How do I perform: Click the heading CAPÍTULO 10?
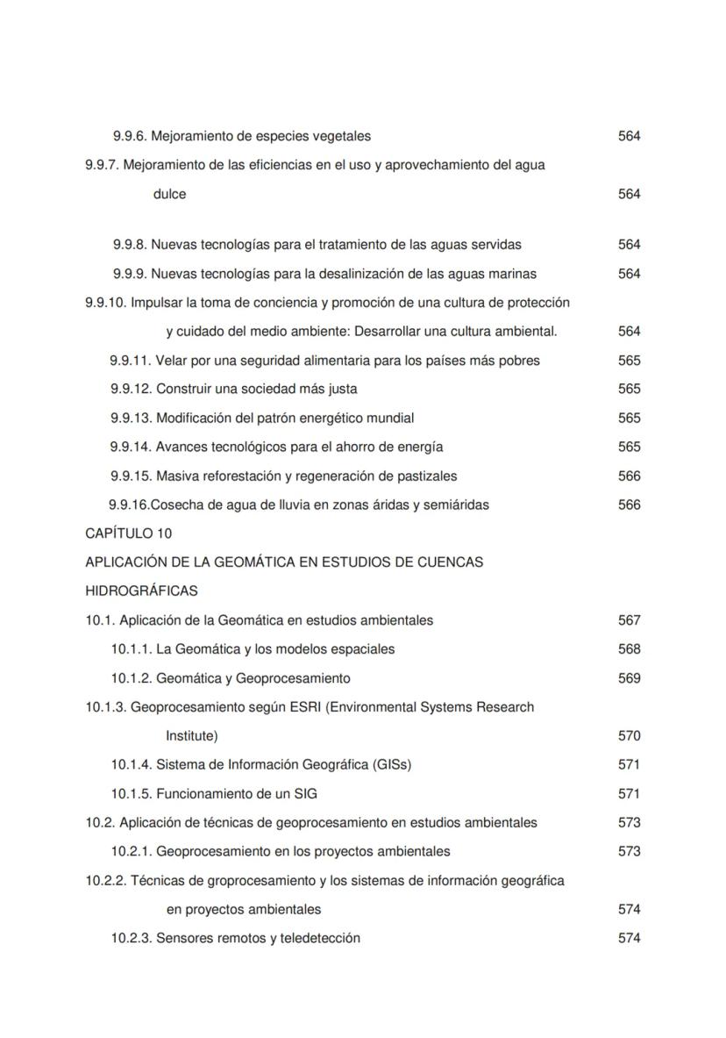coord(128,533)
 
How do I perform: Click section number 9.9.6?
coord(131,136)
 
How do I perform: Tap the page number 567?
coord(629,620)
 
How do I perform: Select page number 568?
coord(629,649)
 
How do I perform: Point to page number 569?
coord(629,678)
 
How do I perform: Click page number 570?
coord(629,736)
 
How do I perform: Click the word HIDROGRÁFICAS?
coord(141,591)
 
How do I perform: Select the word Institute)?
coord(192,736)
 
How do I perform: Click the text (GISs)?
coord(392,764)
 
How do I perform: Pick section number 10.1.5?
coord(132,794)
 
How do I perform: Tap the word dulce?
coord(169,194)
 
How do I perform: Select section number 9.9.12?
coord(132,389)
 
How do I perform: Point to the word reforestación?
coord(249,476)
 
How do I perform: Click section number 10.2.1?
coord(132,851)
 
